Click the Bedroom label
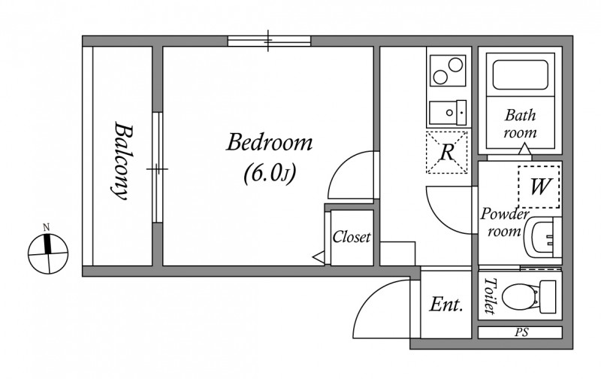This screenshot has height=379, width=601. click(270, 142)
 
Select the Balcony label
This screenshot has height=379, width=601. click(119, 161)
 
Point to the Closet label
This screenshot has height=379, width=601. click(352, 238)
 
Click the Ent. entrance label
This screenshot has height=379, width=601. click(445, 305)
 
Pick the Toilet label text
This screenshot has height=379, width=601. click(491, 296)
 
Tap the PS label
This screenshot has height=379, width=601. click(519, 332)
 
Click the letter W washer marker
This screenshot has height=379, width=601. click(539, 186)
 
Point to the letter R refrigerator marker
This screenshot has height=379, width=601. click(446, 153)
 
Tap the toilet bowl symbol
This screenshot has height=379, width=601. click(523, 296)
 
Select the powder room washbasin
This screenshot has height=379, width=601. click(542, 238)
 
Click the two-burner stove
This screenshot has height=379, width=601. click(447, 73)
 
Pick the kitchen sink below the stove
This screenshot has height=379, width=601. click(447, 113)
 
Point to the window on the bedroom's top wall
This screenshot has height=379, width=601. click(269, 41)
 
